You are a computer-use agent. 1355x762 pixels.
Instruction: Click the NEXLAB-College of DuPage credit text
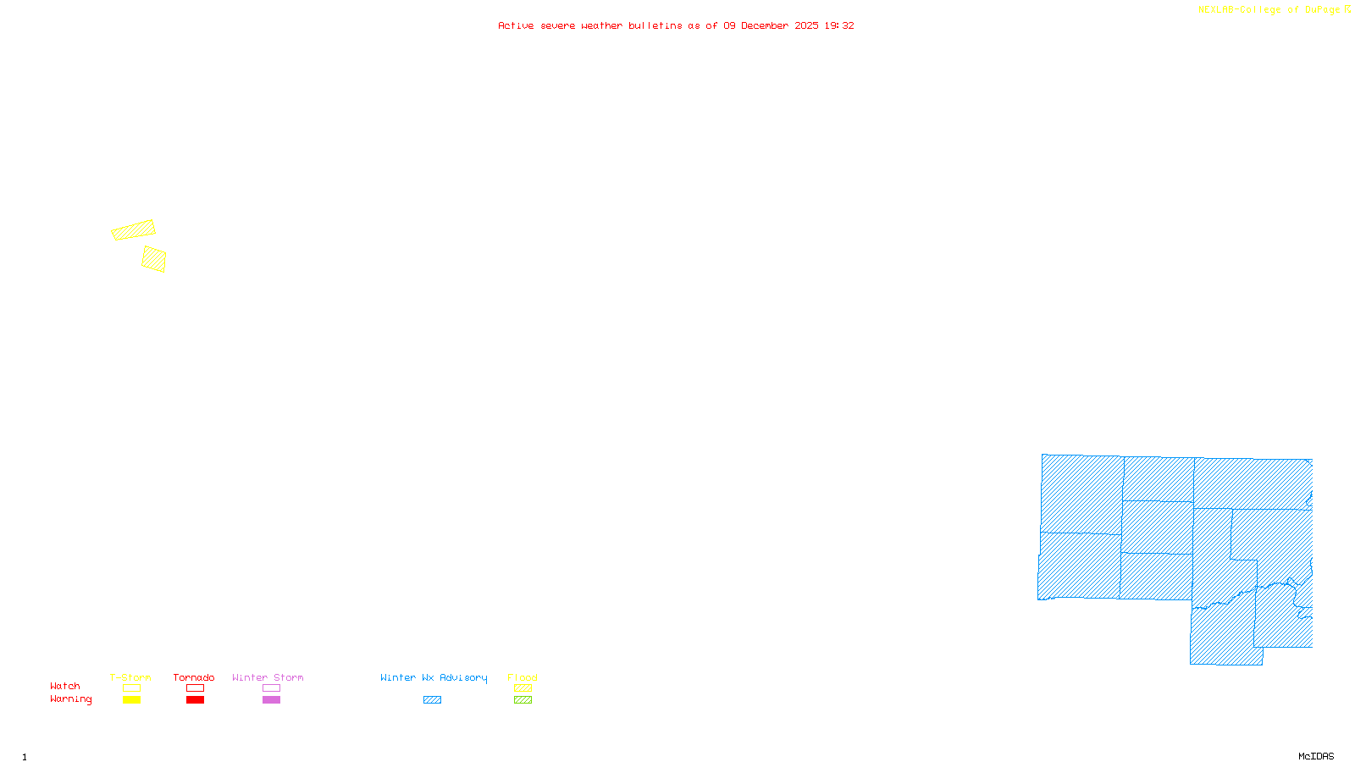click(1274, 10)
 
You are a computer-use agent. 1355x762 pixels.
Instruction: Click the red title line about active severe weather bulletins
click(676, 26)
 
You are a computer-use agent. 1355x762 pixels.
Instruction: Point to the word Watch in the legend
click(65, 687)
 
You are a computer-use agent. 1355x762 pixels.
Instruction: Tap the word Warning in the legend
click(71, 699)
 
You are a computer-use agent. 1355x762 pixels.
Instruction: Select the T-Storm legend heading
click(130, 677)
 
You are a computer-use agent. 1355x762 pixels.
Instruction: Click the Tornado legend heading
click(194, 677)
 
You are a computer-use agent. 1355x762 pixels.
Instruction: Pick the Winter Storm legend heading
click(268, 677)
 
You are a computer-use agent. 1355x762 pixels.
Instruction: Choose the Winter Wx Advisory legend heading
click(434, 677)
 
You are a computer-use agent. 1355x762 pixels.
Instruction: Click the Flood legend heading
click(523, 677)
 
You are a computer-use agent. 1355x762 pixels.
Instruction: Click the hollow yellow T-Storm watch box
click(131, 688)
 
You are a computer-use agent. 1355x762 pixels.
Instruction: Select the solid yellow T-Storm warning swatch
click(131, 700)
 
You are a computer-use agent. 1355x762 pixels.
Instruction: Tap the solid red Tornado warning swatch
click(196, 700)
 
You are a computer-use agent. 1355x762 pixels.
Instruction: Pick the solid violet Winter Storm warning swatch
click(271, 700)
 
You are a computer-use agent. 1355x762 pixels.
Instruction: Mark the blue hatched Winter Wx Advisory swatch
click(432, 700)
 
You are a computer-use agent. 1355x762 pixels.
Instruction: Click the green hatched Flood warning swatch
click(523, 700)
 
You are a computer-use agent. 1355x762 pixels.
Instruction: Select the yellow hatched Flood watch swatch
click(523, 688)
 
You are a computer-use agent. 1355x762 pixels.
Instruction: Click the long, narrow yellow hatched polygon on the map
click(134, 230)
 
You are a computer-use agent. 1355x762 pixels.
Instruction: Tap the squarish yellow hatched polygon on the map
click(154, 259)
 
